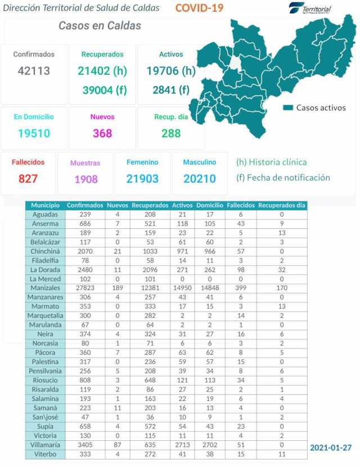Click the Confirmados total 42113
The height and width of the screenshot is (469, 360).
[x=34, y=71]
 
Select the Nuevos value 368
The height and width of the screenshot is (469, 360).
[x=102, y=133]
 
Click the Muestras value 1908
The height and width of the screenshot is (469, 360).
[x=85, y=179]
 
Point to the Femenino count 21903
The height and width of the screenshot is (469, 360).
[x=142, y=179]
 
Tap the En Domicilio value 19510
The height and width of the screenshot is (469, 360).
[x=34, y=133]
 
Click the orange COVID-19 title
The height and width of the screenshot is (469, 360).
[x=199, y=8]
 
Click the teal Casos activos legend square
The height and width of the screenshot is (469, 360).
[x=288, y=107]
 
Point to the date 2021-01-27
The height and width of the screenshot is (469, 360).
[x=331, y=448]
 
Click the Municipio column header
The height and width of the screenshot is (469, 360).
[x=46, y=206]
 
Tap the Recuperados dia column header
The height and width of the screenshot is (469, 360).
[x=281, y=206]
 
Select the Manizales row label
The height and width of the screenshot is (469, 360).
[x=46, y=287]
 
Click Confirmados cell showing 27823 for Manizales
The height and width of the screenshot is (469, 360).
[x=85, y=287]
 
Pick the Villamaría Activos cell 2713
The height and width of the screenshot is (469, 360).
[x=182, y=443]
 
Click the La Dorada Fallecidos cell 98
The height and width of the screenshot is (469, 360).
[x=240, y=269]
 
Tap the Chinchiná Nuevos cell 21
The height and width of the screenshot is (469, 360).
[x=118, y=251]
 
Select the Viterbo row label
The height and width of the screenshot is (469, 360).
[x=46, y=453]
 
